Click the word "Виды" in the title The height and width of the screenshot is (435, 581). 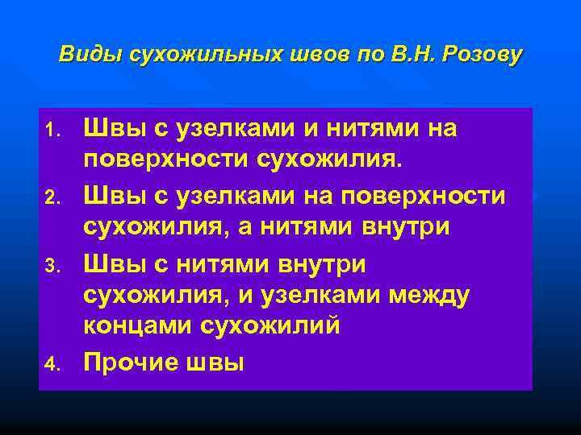(82, 55)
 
